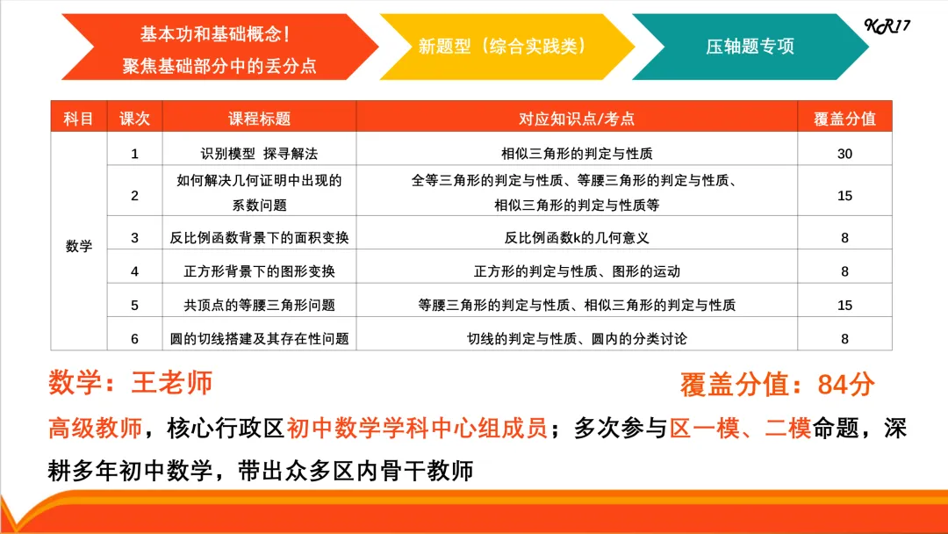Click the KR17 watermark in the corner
click(x=887, y=25)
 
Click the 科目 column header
click(x=79, y=119)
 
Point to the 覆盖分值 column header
click(x=844, y=119)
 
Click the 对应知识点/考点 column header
click(x=577, y=119)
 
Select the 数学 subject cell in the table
click(x=79, y=246)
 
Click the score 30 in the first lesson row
click(x=844, y=154)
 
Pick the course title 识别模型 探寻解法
click(x=259, y=154)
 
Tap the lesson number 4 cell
click(x=134, y=271)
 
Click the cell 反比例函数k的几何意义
click(x=577, y=237)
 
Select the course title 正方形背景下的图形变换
click(x=259, y=271)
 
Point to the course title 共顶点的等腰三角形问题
click(x=259, y=306)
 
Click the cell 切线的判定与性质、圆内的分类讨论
click(x=577, y=338)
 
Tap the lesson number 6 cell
click(x=134, y=338)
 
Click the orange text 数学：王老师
click(x=131, y=383)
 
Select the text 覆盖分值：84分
click(x=777, y=385)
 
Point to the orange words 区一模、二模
click(x=740, y=429)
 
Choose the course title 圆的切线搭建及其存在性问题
click(x=259, y=338)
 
